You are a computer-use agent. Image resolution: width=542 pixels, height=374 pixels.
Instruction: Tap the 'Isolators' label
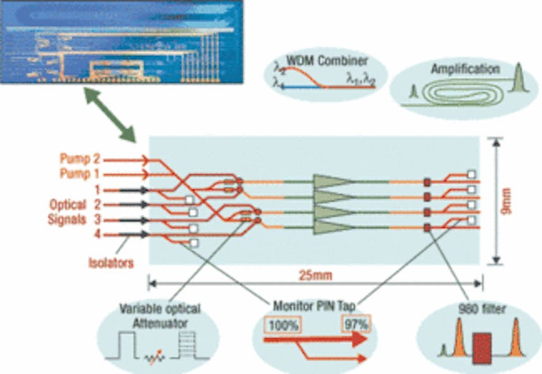point(110,262)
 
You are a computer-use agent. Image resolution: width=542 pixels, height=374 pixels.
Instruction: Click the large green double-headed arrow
point(111,117)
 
